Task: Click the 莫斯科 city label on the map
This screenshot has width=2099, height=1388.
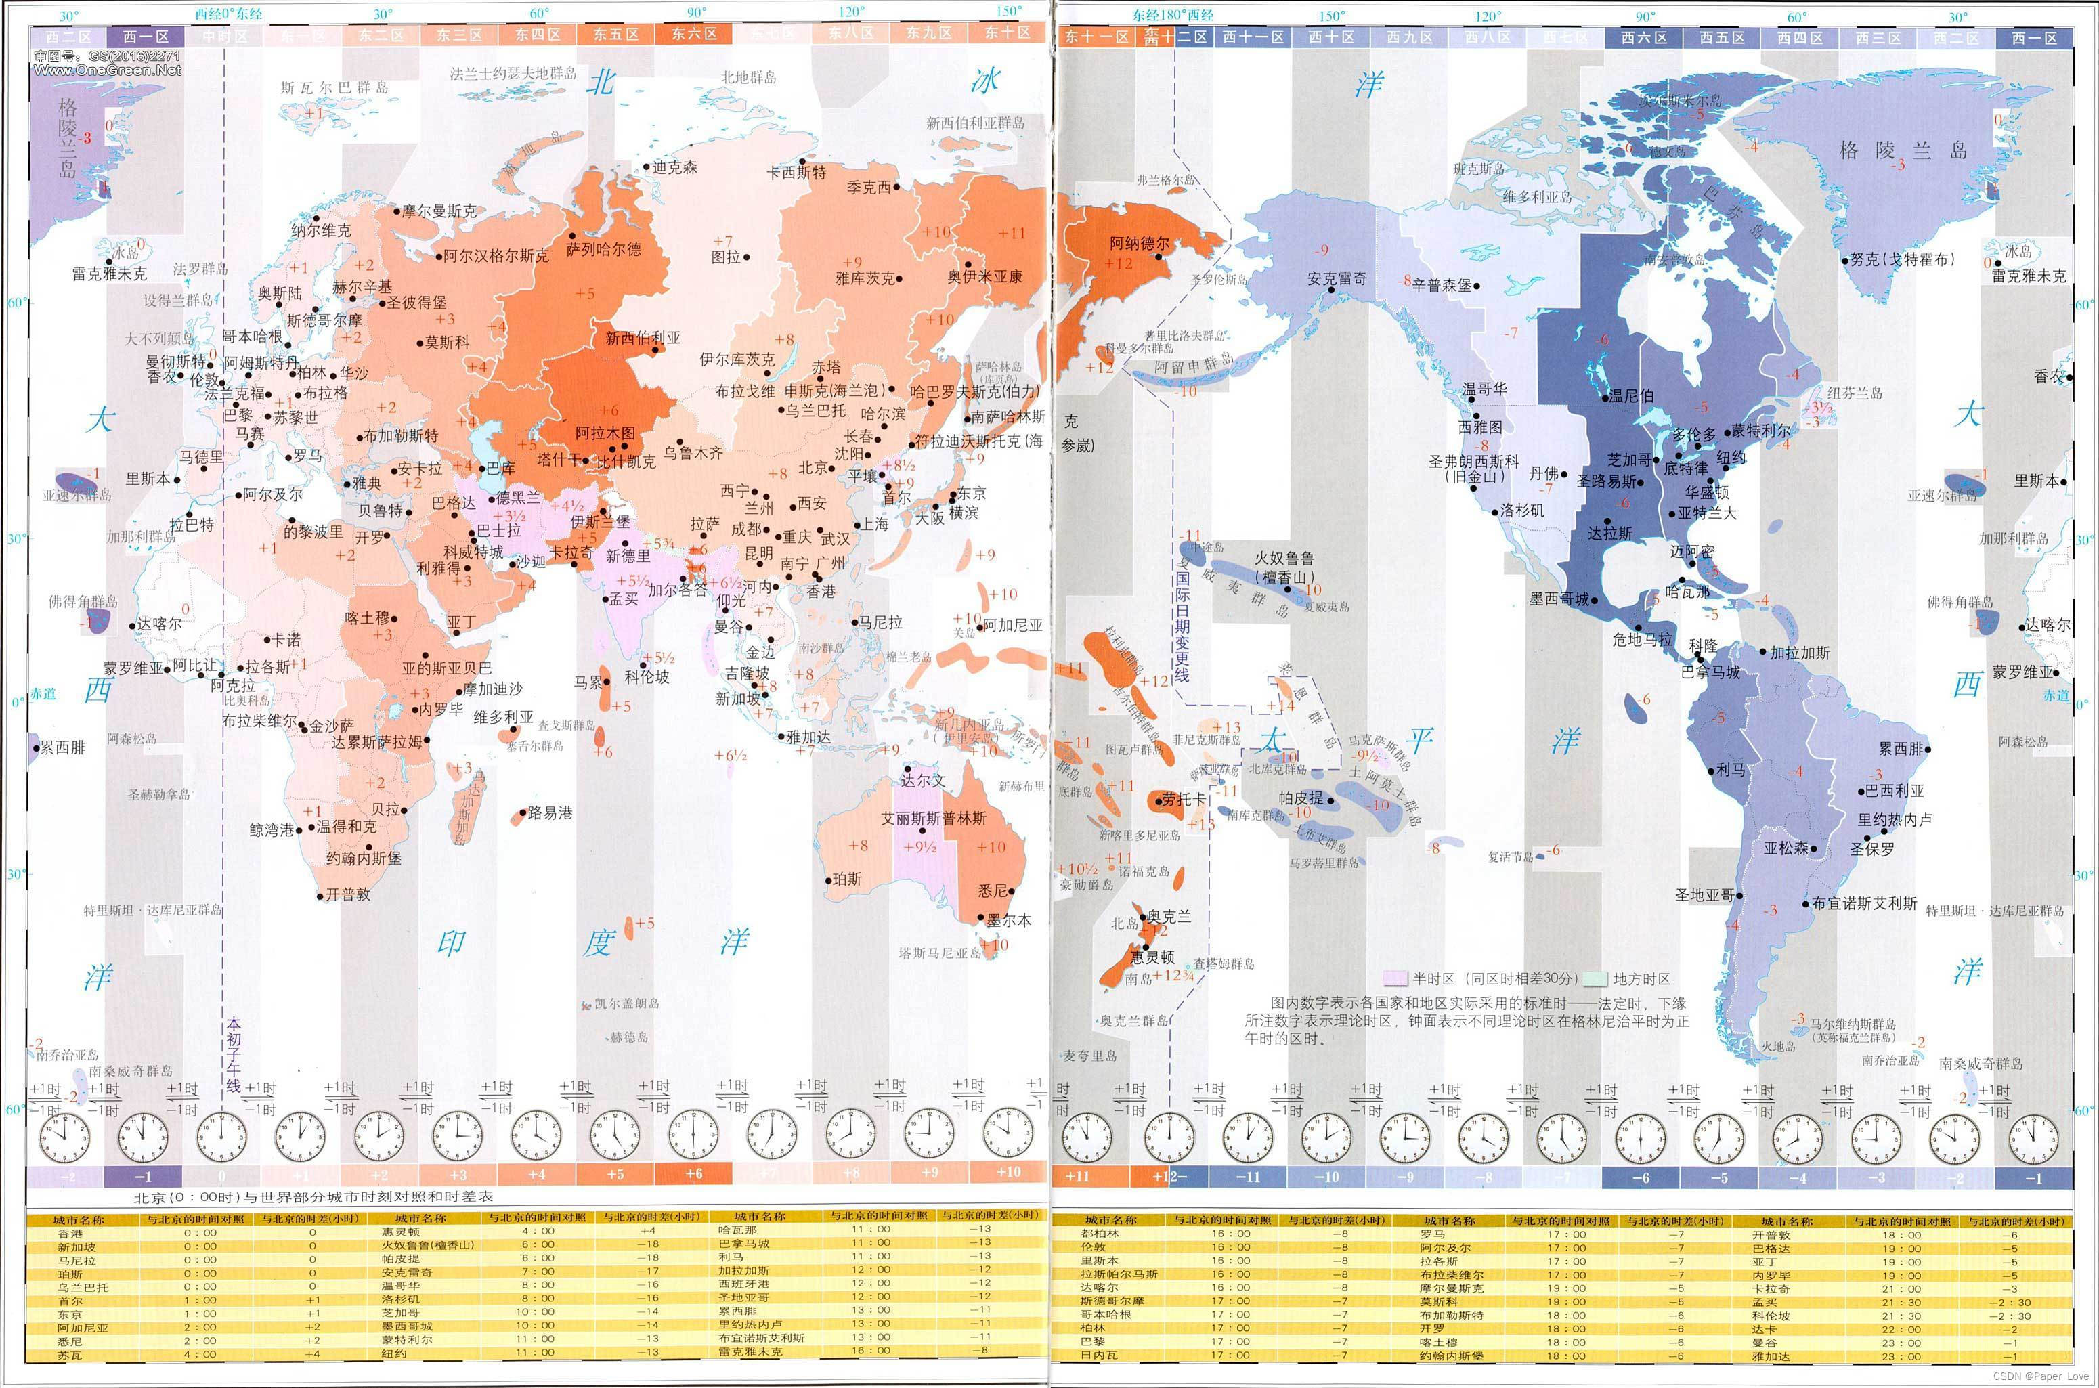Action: pos(447,342)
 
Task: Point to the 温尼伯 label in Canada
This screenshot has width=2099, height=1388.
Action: pos(1630,395)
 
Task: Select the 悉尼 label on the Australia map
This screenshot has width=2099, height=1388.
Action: pos(993,890)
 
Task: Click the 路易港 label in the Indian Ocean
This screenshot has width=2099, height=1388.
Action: pos(549,812)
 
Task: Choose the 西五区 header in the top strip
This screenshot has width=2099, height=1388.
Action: pos(1722,37)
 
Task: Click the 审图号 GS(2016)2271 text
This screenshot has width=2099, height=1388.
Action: pos(106,56)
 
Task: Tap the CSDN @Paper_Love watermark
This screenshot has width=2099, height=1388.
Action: pos(2041,1376)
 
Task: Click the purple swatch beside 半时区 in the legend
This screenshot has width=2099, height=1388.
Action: pos(1395,978)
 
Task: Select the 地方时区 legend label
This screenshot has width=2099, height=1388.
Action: pos(1641,978)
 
